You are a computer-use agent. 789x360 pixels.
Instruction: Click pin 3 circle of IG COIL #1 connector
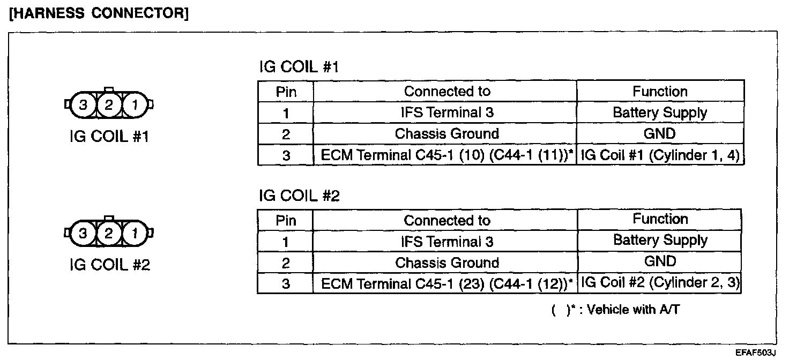point(83,105)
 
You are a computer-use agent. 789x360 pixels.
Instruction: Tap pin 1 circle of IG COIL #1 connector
point(135,105)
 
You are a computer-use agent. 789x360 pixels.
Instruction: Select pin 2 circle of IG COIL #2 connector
point(109,233)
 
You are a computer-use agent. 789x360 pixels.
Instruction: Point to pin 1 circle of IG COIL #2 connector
point(135,233)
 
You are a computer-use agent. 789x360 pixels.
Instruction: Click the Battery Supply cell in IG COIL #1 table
point(660,113)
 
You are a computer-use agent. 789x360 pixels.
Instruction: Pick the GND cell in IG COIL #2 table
point(660,261)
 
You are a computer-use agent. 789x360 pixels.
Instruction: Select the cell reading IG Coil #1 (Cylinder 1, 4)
point(660,155)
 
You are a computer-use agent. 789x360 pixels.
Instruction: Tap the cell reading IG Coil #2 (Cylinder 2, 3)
point(660,283)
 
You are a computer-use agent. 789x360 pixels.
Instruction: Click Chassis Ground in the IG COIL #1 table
point(447,134)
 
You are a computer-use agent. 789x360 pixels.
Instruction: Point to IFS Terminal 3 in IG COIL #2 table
point(447,242)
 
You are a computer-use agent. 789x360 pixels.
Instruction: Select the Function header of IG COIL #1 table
point(660,91)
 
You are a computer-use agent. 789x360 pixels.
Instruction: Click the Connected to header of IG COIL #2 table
point(447,220)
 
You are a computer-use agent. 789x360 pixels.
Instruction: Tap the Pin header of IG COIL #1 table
point(286,92)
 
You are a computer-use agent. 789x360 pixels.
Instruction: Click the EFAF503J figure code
point(755,353)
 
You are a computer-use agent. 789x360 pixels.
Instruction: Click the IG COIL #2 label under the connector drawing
point(109,265)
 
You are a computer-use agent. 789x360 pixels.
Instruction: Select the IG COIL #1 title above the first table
point(299,67)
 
